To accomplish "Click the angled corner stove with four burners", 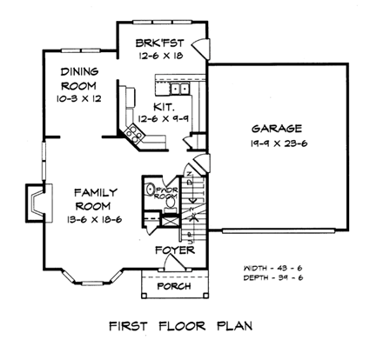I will (x=135, y=132).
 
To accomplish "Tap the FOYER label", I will (x=172, y=252).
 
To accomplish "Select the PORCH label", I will (x=172, y=285).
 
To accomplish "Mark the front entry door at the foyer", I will (x=174, y=269).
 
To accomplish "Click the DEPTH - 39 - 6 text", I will (x=275, y=279).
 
